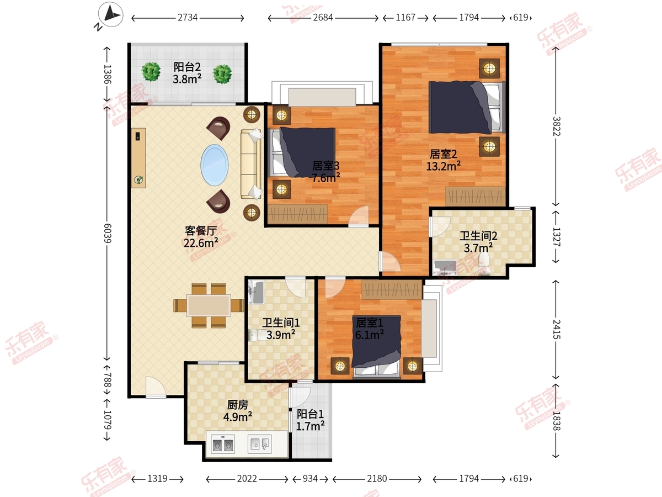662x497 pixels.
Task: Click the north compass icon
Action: pos(111,14)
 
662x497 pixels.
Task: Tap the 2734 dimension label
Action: pos(187,18)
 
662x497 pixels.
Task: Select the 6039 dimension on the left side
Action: pos(108,233)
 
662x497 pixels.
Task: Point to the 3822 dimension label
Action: pos(557,126)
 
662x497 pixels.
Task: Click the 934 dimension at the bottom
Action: pos(311,479)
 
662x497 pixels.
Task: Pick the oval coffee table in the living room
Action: pos(215,165)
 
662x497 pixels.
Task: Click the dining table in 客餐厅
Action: pos(209,305)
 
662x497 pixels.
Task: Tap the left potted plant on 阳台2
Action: pos(151,72)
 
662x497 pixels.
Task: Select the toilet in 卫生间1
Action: pos(257,335)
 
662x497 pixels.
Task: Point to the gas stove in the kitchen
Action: pos(223,443)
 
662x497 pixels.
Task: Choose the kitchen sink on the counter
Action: pos(259,444)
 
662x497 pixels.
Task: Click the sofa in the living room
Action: pos(251,165)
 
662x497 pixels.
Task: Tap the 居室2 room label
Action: pos(443,154)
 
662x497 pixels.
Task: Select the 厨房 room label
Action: pos(238,404)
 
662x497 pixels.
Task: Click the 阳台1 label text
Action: pos(311,414)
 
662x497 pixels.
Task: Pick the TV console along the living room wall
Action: pos(138,158)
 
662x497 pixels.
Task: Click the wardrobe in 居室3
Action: pos(297,214)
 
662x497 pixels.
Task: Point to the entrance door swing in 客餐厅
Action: pos(156,386)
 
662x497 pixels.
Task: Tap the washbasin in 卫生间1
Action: pos(257,293)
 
